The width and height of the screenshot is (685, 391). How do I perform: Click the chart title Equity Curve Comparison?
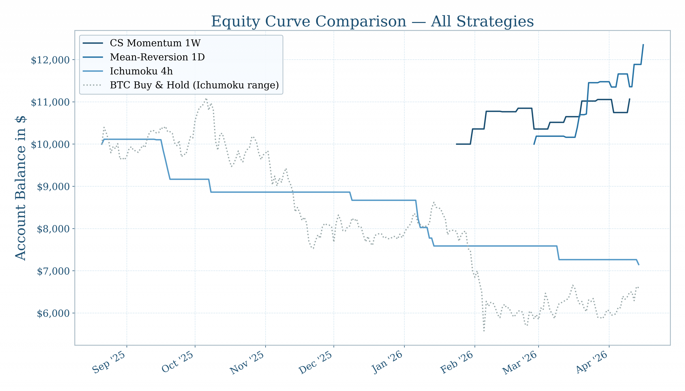(372, 21)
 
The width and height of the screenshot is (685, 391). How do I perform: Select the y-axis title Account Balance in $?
(20, 188)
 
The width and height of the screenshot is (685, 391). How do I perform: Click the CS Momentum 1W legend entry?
(155, 43)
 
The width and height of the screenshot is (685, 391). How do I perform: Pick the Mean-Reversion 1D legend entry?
(157, 57)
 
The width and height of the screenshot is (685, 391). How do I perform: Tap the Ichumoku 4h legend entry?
(141, 71)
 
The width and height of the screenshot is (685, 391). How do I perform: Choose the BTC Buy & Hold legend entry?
(194, 85)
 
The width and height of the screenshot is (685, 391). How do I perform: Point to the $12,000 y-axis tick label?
(50, 60)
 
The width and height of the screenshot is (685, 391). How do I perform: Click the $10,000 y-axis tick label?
(50, 145)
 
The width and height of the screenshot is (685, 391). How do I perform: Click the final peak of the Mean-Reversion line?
(643, 45)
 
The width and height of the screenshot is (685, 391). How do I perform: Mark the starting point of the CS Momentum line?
(456, 144)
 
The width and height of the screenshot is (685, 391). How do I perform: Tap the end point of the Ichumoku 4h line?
(639, 265)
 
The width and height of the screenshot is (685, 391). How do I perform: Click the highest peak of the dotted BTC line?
(206, 99)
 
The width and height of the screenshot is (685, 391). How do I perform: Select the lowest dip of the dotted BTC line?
(484, 331)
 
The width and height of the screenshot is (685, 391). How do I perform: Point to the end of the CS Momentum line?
(630, 99)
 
